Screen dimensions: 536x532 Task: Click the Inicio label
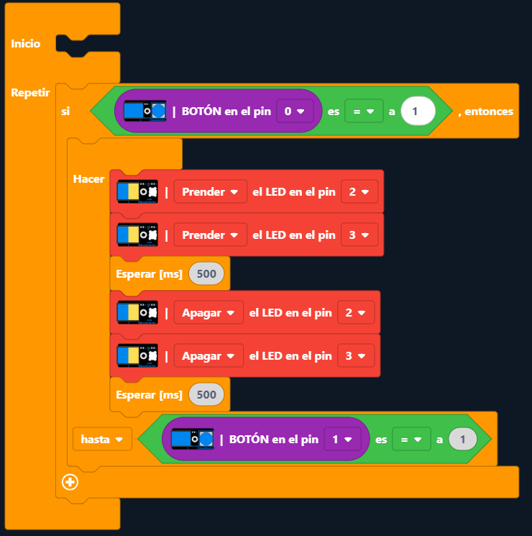pyautogui.click(x=25, y=44)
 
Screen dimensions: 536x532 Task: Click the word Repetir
pyautogui.click(x=30, y=93)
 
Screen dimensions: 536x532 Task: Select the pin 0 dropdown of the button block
pyautogui.click(x=295, y=112)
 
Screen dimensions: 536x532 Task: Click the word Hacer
pyautogui.click(x=88, y=178)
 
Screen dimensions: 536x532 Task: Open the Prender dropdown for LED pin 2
pyautogui.click(x=210, y=192)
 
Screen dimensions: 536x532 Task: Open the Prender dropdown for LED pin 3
pyautogui.click(x=210, y=235)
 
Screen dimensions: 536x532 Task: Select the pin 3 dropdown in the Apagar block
pyautogui.click(x=356, y=355)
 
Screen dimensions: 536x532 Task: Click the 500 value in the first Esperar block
pyautogui.click(x=206, y=273)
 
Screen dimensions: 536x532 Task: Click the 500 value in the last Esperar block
pyautogui.click(x=206, y=394)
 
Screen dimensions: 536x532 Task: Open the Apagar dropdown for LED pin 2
pyautogui.click(x=208, y=313)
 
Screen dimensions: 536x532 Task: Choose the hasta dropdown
pyautogui.click(x=102, y=438)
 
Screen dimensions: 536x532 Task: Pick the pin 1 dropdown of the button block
pyautogui.click(x=341, y=438)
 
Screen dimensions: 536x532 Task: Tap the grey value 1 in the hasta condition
pyautogui.click(x=462, y=438)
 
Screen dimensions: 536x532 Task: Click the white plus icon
pyautogui.click(x=70, y=482)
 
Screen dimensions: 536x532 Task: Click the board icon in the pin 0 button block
pyautogui.click(x=145, y=111)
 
